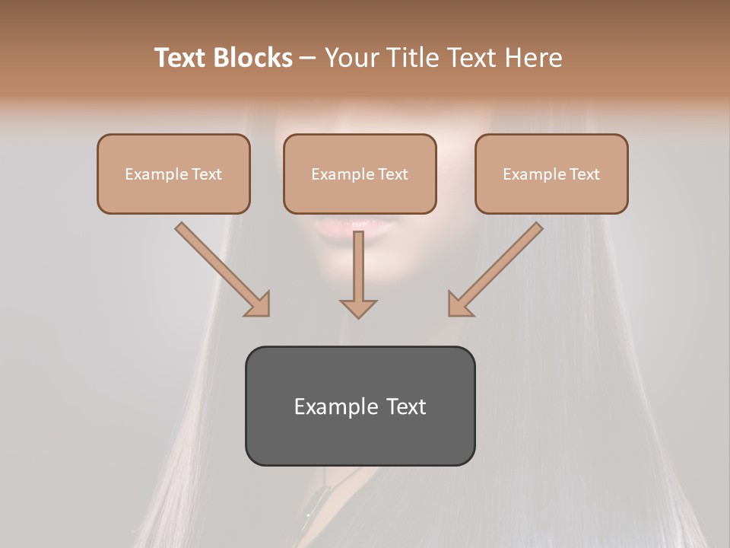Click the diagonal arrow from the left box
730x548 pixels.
[x=221, y=268]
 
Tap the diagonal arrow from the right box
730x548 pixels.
[x=497, y=268]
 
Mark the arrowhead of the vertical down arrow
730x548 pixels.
[x=358, y=307]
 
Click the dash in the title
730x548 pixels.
[x=308, y=58]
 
